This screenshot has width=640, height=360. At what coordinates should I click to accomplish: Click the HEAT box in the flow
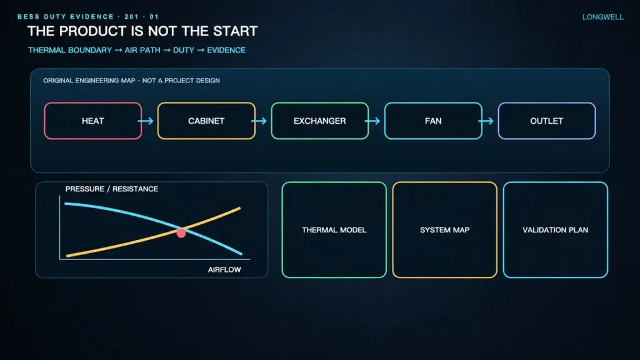click(93, 121)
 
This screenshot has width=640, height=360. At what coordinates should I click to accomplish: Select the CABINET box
click(206, 121)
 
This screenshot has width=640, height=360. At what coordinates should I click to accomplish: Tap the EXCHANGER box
click(320, 121)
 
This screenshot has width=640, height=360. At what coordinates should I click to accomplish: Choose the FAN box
click(434, 121)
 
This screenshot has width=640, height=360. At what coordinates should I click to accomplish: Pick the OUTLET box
click(547, 121)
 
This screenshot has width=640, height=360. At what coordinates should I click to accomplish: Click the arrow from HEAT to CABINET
click(146, 121)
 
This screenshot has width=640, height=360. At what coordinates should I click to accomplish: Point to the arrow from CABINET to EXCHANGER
click(259, 121)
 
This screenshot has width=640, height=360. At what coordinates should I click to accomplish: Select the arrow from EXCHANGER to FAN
click(372, 121)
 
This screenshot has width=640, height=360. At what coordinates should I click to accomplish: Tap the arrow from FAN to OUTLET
click(486, 121)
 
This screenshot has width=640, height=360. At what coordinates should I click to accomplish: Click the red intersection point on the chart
click(181, 232)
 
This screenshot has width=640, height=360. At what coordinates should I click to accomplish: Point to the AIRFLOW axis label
click(224, 269)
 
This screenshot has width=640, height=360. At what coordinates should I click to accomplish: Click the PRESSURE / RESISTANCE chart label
click(111, 189)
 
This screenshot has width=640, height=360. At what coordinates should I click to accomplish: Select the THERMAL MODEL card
click(334, 230)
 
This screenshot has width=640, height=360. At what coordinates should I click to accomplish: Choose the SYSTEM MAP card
click(445, 230)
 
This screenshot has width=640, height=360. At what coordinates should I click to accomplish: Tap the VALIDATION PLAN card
click(556, 230)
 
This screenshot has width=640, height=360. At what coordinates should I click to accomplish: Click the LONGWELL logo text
click(603, 17)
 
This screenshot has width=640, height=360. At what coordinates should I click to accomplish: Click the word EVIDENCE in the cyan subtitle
click(226, 50)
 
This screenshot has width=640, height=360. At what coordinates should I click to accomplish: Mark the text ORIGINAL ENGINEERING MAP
click(89, 81)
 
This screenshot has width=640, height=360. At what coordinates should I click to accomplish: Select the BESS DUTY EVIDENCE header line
click(87, 17)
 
